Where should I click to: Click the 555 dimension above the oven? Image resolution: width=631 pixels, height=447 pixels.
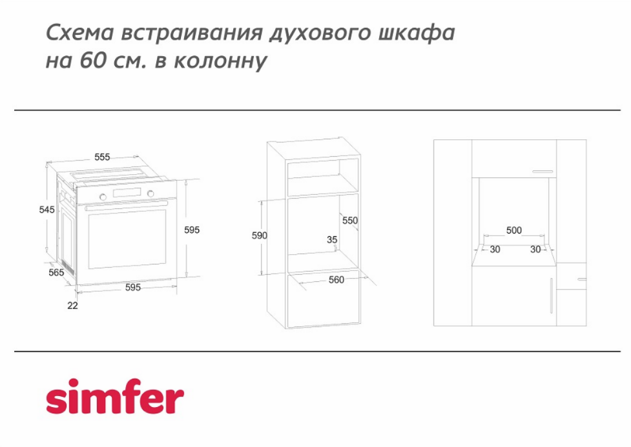[x=102, y=157]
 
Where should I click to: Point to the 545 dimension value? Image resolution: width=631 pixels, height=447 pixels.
[x=47, y=210]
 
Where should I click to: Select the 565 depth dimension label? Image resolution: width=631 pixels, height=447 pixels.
[x=56, y=273]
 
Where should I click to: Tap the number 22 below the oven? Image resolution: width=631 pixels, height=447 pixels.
[x=72, y=306]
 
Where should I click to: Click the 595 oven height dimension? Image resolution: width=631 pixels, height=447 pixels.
[x=192, y=230]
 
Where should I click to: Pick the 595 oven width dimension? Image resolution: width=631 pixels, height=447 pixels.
[x=133, y=288]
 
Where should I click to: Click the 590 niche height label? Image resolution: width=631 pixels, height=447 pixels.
[x=260, y=235]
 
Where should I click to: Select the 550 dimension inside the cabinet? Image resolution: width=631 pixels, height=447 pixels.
[x=349, y=221]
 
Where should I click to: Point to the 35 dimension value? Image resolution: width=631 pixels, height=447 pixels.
[x=332, y=240]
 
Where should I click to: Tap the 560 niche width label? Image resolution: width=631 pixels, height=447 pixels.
[x=336, y=280]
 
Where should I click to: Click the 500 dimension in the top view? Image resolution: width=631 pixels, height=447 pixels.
[x=514, y=230]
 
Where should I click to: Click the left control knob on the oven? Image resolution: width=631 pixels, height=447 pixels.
[x=103, y=197]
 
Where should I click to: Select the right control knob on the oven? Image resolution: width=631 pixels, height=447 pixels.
[x=150, y=194]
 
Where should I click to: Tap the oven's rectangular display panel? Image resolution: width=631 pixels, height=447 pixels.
[x=127, y=193]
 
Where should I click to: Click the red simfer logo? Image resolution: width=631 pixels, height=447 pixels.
[x=115, y=396]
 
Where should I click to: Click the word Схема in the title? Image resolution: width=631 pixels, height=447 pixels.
[x=80, y=33]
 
